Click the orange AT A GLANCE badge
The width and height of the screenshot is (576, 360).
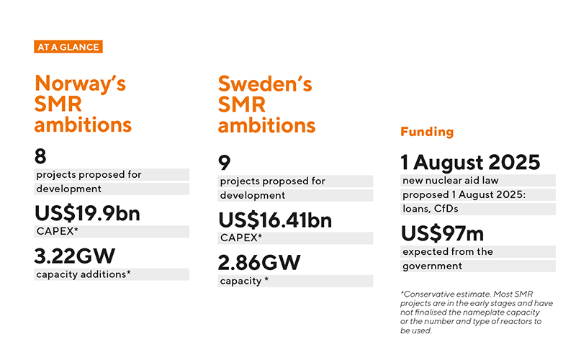coord(68,47)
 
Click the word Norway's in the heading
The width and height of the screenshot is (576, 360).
coord(81,84)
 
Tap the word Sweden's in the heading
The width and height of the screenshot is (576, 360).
coord(265,84)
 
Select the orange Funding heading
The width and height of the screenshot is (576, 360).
coord(427,132)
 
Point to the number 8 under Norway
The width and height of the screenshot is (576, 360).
coord(40,156)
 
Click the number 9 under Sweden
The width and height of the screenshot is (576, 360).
coord(224,163)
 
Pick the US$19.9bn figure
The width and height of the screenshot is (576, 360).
coord(87,213)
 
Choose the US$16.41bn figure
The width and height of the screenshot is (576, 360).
coord(275,220)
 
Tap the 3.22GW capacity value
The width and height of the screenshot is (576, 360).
coord(75,256)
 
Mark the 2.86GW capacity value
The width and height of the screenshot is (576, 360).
coord(259,263)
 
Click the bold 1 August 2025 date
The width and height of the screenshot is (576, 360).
coord(471,163)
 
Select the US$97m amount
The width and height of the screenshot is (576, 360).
coord(442,233)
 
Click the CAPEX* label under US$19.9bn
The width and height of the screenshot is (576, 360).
coord(58,231)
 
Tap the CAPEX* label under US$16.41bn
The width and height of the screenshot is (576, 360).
coord(241,238)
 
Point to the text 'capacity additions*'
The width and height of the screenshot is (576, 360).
coord(84,274)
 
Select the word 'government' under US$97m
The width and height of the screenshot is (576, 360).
coord(433,266)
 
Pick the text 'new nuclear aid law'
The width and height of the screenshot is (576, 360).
coord(451,181)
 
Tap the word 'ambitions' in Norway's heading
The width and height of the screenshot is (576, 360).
coord(83,125)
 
